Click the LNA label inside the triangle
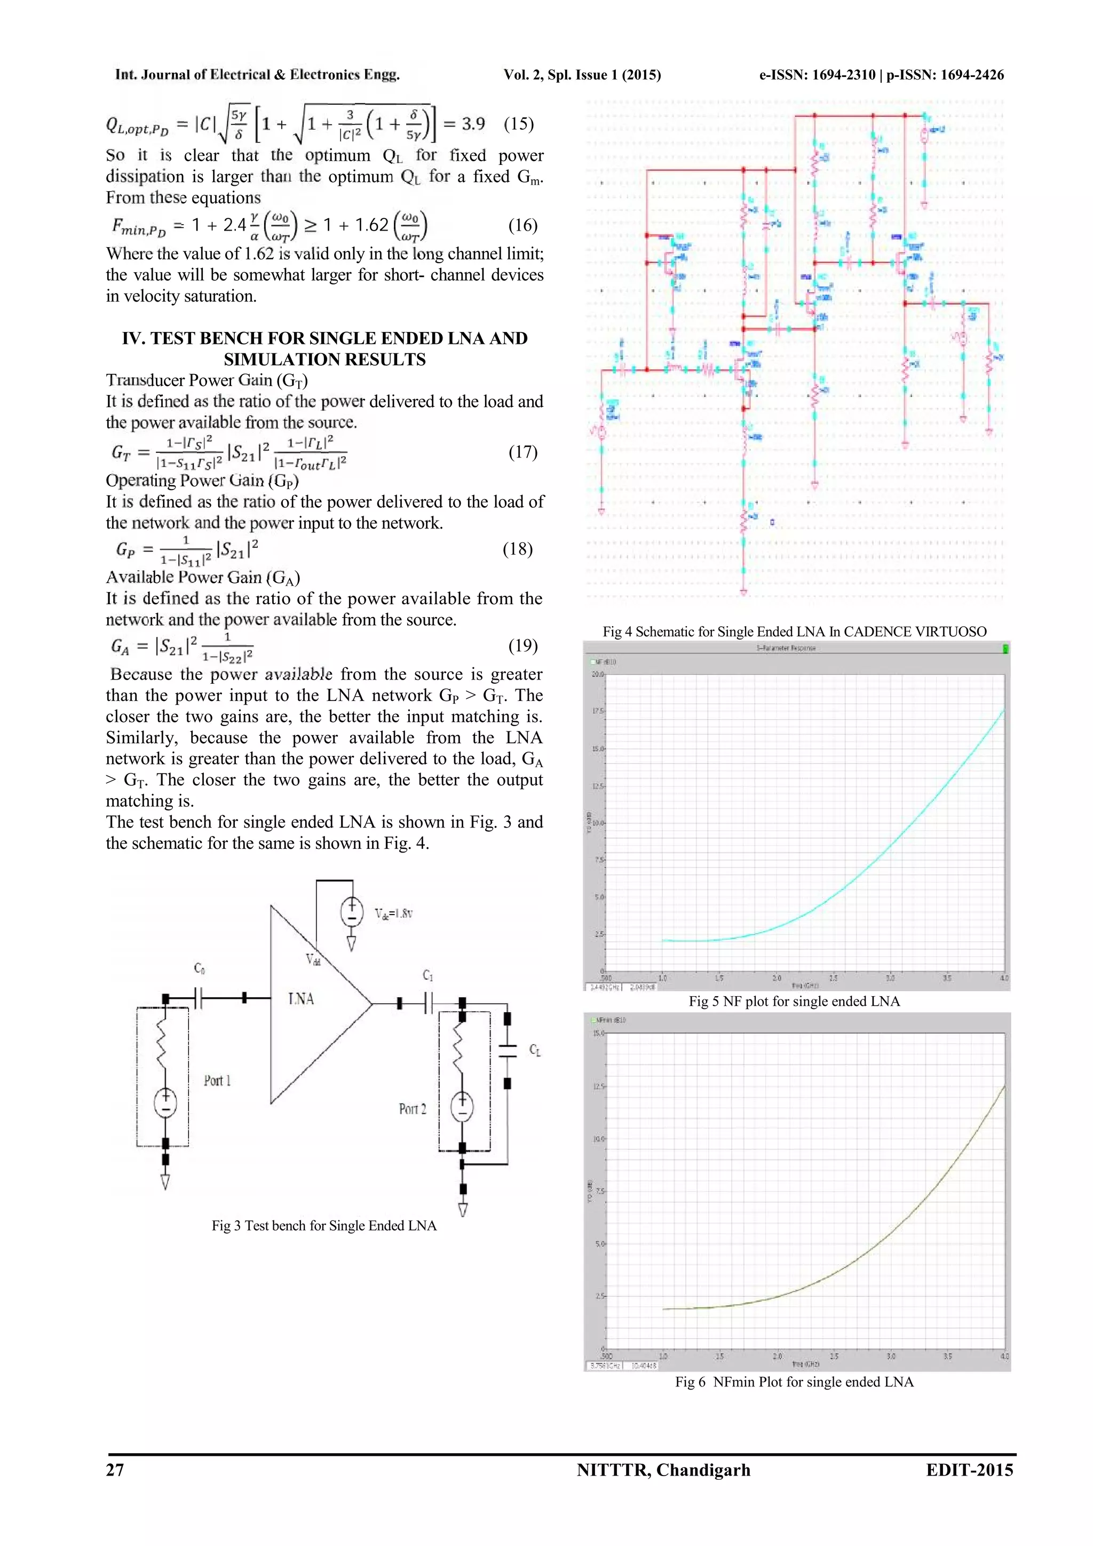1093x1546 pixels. click(x=301, y=999)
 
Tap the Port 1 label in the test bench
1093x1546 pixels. click(x=217, y=1080)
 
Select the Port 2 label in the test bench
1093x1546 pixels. click(x=412, y=1109)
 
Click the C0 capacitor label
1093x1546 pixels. click(x=199, y=968)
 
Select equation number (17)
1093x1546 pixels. click(x=522, y=452)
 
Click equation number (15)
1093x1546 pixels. click(x=518, y=124)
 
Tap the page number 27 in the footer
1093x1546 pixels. click(x=115, y=1470)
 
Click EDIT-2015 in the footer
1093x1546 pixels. click(x=969, y=1470)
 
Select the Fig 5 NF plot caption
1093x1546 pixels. click(x=794, y=1001)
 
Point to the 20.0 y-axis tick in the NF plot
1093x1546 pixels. click(x=597, y=674)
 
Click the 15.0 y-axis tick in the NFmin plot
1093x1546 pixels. click(x=598, y=1033)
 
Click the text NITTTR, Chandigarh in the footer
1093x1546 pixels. click(x=663, y=1470)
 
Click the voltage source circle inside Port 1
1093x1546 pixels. click(x=165, y=1103)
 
